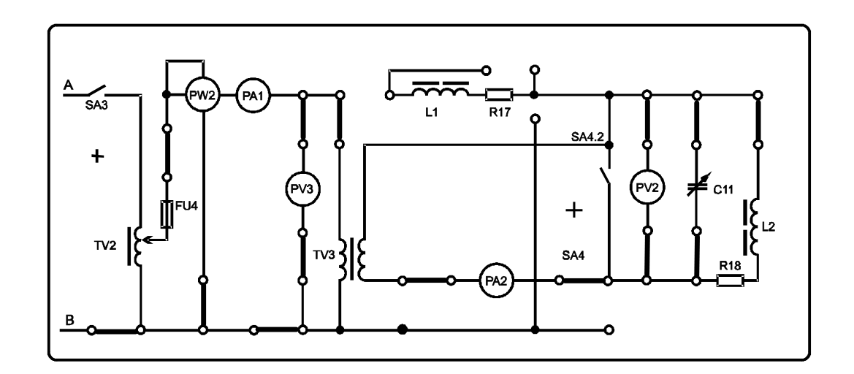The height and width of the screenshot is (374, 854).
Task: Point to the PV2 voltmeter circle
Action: (x=647, y=188)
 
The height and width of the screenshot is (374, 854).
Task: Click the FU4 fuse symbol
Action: (x=167, y=213)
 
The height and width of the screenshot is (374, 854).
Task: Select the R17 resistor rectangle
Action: (x=499, y=95)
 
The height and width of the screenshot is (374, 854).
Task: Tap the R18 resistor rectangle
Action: (x=731, y=281)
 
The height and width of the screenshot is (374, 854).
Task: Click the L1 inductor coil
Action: (x=440, y=91)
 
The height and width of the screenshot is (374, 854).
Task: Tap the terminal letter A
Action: (x=69, y=85)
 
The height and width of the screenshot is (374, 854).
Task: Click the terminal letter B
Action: (x=69, y=320)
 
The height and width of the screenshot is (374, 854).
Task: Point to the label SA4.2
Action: (x=588, y=137)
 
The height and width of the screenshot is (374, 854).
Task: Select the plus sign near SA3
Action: (x=97, y=157)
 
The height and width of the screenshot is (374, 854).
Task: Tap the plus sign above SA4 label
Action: (x=574, y=210)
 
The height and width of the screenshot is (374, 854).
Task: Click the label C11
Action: (x=723, y=190)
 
